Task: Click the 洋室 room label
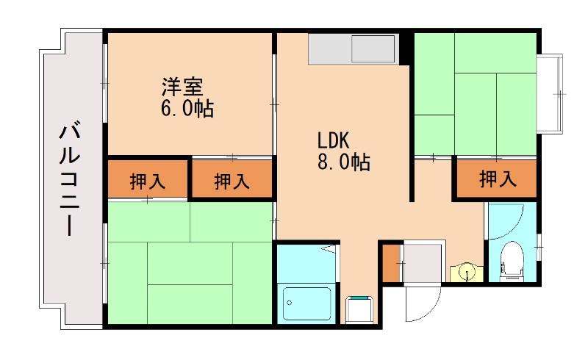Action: [x=182, y=87]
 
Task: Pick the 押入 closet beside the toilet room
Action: [x=497, y=178]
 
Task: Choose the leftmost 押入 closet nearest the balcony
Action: [x=147, y=181]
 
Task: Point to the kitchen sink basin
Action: [x=373, y=50]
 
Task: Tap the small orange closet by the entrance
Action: [x=390, y=263]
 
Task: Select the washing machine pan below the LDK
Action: [x=360, y=309]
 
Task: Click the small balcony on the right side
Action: [x=551, y=93]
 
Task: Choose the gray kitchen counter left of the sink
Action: [x=329, y=50]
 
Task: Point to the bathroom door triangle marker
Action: [x=331, y=252]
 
